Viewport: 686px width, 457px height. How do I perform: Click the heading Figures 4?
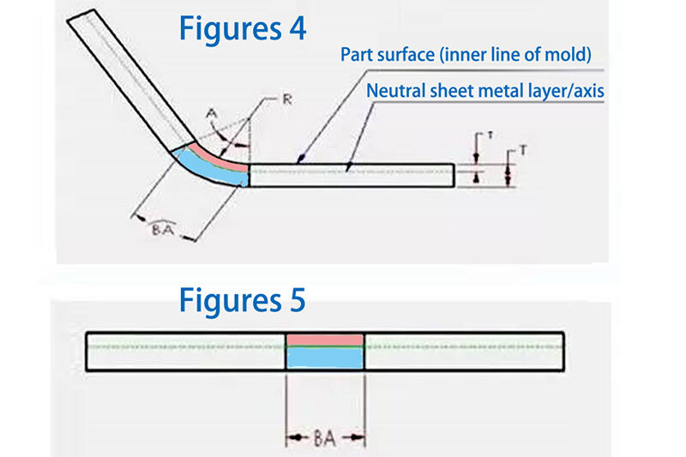242,27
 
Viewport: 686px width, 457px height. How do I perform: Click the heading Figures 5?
242,301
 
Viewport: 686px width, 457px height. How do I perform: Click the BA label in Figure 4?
163,230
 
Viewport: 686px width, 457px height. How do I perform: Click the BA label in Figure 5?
325,438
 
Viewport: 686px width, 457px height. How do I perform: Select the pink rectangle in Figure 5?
325,339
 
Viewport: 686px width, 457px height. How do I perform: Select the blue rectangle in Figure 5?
325,358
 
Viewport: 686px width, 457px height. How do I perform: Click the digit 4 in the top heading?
295,27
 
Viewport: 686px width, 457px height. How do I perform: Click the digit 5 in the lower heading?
295,301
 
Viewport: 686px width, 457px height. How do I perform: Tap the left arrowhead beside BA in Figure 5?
291,438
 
